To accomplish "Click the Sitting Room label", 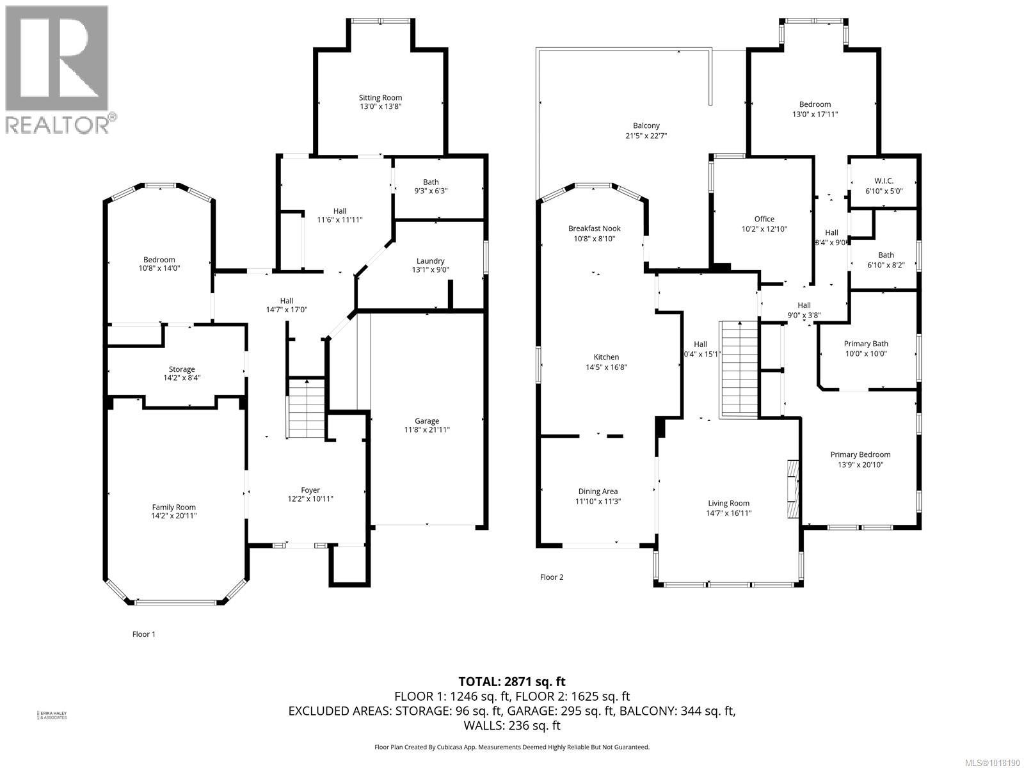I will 380,98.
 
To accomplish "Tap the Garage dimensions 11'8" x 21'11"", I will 427,430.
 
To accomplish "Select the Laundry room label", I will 430,261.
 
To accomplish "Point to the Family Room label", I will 174,507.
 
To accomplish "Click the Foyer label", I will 310,490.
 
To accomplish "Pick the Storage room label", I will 182,369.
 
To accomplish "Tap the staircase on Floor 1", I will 307,410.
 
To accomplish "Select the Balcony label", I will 646,126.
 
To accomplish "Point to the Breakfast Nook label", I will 595,228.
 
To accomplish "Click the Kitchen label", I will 606,357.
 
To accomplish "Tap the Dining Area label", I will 598,492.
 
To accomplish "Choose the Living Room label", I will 728,503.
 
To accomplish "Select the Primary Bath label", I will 866,344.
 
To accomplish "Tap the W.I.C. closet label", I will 883,181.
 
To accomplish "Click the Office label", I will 764,219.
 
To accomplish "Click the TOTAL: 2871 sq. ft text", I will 512,682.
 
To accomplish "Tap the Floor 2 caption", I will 552,577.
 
